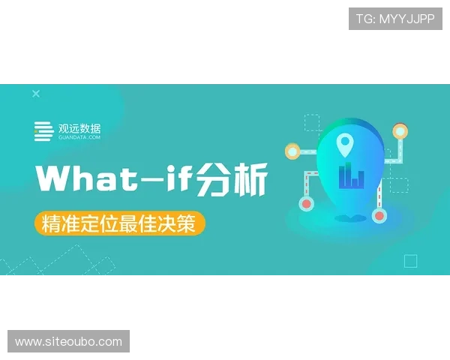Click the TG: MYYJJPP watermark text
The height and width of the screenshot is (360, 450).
[x=395, y=19]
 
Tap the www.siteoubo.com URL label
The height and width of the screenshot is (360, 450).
[x=68, y=342]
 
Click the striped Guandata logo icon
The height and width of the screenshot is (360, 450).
[x=43, y=131]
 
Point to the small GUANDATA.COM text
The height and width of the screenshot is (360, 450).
[x=79, y=138]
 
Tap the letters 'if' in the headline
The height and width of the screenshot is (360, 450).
[x=178, y=180]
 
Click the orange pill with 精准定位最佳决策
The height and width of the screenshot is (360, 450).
[x=119, y=223]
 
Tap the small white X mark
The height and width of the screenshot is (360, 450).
[x=35, y=94]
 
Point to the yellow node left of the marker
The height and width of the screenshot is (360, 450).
[x=292, y=151]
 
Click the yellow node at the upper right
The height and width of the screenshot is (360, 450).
[x=400, y=132]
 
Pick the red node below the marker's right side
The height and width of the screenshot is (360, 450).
[x=379, y=216]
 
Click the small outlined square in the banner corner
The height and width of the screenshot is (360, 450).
[x=410, y=261]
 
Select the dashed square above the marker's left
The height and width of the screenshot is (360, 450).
[x=312, y=122]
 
